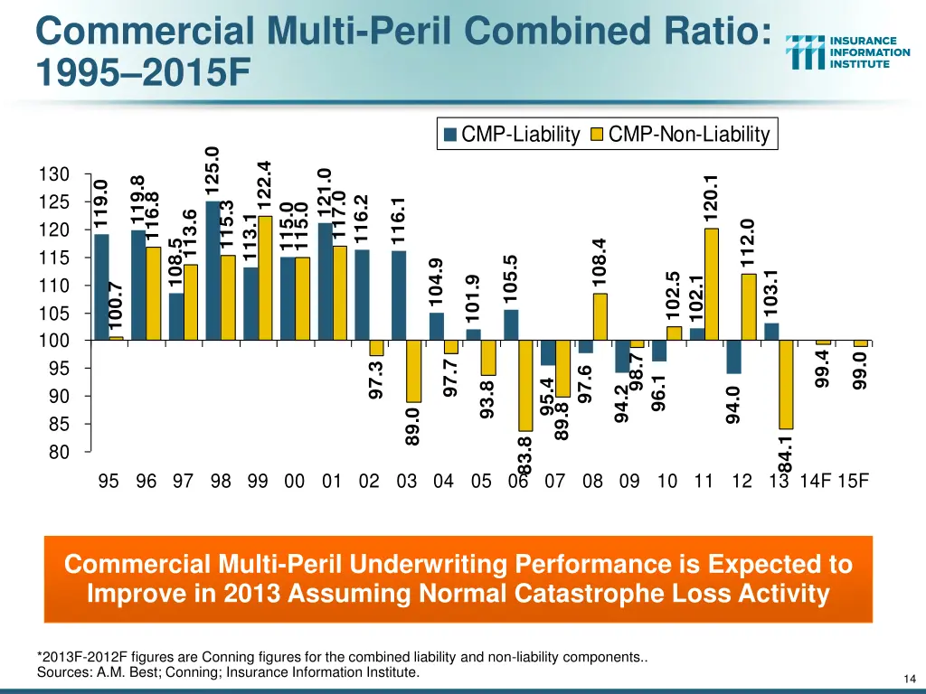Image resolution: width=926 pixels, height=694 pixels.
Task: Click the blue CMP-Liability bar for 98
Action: point(213,270)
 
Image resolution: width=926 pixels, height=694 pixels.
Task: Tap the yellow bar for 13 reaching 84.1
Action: point(786,384)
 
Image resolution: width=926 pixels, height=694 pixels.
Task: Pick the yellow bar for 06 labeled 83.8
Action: point(524,385)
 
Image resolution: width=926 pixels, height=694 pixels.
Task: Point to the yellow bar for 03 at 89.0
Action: point(413,370)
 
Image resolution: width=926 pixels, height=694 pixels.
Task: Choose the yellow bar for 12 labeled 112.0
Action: point(749,306)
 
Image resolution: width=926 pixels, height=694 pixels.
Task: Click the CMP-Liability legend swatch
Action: point(451,136)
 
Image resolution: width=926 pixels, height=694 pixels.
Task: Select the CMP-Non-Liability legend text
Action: point(688,136)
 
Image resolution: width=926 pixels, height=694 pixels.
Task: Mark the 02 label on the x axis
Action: point(369,481)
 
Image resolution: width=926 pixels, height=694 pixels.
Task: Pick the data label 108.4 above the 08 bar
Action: point(600,262)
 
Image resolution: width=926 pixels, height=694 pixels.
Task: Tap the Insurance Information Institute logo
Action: point(848,52)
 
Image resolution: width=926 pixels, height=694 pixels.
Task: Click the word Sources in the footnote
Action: point(61,672)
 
